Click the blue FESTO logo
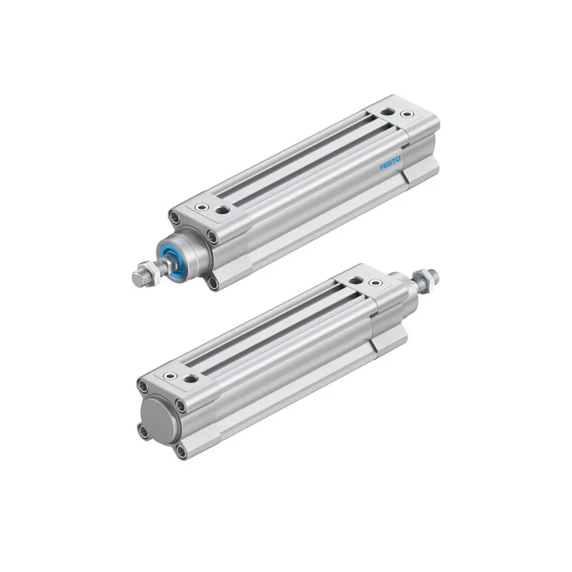coord(390,164)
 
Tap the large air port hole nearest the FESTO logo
coord(386,112)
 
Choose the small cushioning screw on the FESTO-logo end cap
coord(407,114)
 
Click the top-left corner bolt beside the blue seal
coord(174,217)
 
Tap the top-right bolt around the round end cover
coord(179,406)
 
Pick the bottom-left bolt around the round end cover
coord(142,431)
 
